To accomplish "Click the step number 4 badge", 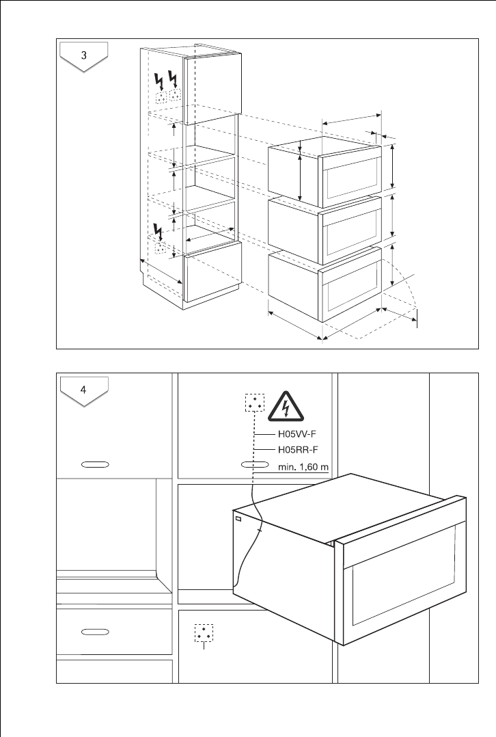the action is [83, 391].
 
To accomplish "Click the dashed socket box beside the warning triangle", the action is [255, 403].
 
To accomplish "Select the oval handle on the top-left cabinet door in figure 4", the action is [96, 464].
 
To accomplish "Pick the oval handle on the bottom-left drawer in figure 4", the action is [96, 631].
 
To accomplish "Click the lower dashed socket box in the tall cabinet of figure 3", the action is [161, 247].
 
